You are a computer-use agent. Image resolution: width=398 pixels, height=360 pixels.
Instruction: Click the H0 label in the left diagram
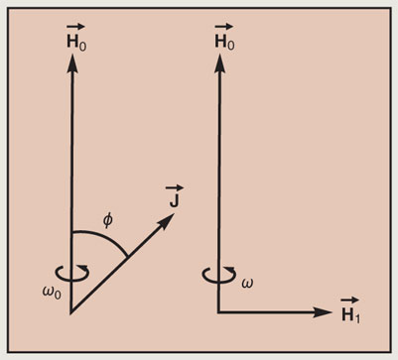[76, 38]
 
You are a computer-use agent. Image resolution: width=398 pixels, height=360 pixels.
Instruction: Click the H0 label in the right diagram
[224, 38]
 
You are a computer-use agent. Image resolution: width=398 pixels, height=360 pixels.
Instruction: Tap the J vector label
[175, 196]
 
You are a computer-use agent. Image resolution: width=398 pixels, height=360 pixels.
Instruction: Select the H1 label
[350, 310]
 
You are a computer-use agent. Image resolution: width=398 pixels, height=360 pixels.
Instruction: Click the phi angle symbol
[107, 221]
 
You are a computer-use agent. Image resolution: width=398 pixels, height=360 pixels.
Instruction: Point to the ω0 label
[52, 292]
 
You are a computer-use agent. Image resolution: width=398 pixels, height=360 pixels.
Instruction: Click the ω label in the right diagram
[247, 283]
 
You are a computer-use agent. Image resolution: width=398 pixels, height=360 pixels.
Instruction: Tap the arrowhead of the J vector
[166, 221]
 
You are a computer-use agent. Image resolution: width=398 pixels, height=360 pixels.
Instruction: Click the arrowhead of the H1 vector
[323, 312]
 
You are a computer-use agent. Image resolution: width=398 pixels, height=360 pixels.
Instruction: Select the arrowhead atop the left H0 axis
[72, 62]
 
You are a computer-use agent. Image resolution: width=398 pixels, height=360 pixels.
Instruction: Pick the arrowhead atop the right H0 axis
[219, 62]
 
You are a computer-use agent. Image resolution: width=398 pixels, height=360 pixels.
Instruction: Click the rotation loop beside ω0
[72, 273]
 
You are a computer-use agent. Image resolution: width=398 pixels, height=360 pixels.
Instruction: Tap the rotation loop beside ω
[219, 275]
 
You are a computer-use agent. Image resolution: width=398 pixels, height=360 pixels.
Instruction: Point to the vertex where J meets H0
[70, 312]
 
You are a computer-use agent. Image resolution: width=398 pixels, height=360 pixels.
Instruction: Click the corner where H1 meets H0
[218, 311]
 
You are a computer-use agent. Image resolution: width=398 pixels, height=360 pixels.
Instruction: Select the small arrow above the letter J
[175, 188]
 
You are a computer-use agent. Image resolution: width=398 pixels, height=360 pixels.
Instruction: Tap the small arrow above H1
[349, 300]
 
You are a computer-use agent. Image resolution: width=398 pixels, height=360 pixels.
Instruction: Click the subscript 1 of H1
[356, 317]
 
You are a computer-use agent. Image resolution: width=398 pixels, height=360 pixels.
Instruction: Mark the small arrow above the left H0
[75, 27]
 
